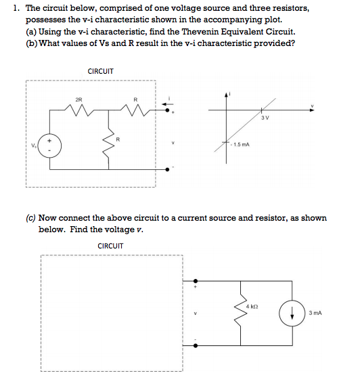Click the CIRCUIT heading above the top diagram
click(x=101, y=71)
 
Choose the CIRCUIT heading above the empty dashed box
click(x=110, y=245)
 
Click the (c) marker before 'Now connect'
click(x=32, y=218)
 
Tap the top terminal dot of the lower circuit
click(x=197, y=280)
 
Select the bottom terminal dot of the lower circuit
click(x=197, y=345)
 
